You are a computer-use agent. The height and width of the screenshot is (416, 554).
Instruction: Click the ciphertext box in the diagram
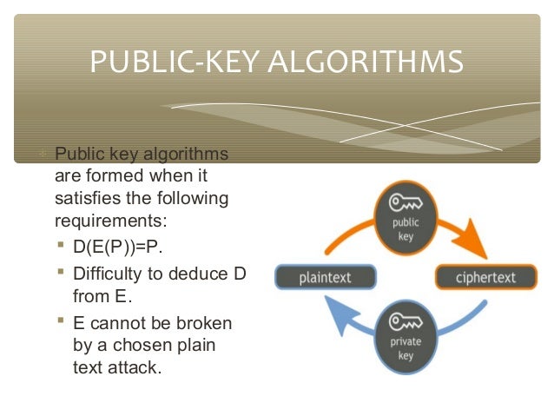485,278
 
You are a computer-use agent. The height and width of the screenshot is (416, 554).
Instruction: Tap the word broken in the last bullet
203,323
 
